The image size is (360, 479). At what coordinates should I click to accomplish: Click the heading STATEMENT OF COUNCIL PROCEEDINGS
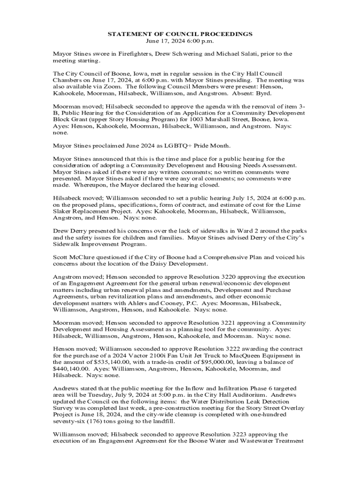pos(180,34)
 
